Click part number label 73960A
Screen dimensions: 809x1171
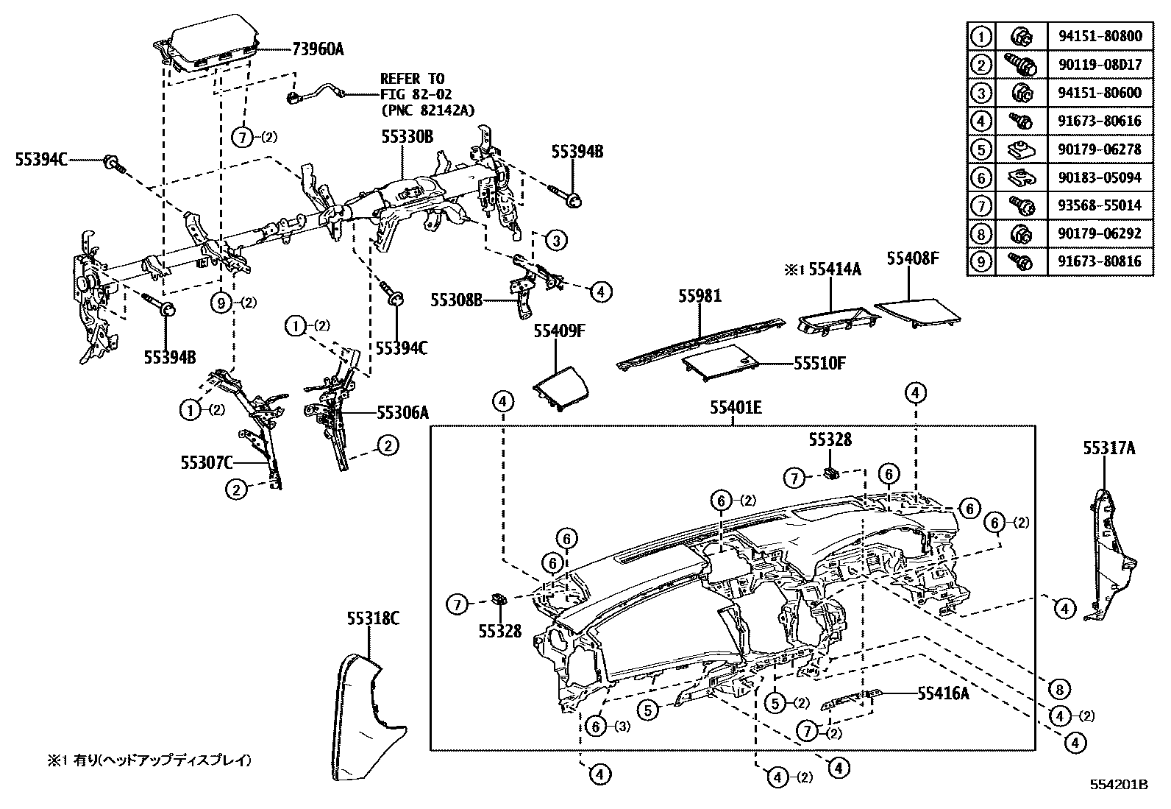click(318, 50)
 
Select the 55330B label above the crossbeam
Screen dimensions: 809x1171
click(407, 137)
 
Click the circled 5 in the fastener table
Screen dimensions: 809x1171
click(980, 149)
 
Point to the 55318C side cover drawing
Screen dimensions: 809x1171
click(368, 718)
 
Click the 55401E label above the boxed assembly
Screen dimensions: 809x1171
click(736, 407)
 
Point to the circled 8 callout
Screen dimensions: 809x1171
click(1058, 689)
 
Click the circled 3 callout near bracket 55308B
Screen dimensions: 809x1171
click(556, 240)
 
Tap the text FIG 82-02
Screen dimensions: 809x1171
click(416, 94)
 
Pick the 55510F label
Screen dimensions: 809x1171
click(819, 363)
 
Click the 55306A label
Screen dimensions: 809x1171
click(402, 413)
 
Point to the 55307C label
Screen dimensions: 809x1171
click(207, 462)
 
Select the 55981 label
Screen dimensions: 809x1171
click(700, 297)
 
